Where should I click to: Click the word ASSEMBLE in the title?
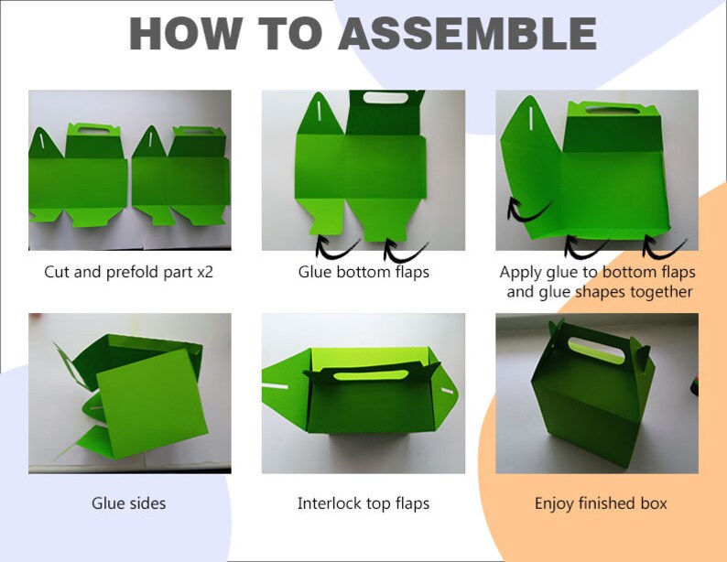coord(467,33)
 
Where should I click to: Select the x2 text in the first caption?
coord(205,272)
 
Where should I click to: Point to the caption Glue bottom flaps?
coord(363,272)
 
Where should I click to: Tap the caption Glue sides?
coord(128,503)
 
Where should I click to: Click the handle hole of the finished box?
coord(596,351)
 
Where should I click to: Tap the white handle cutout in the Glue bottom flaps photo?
coord(385,98)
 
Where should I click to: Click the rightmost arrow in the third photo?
coord(664,246)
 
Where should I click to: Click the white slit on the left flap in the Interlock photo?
coord(275,385)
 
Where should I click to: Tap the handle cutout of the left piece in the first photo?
coord(93,131)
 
